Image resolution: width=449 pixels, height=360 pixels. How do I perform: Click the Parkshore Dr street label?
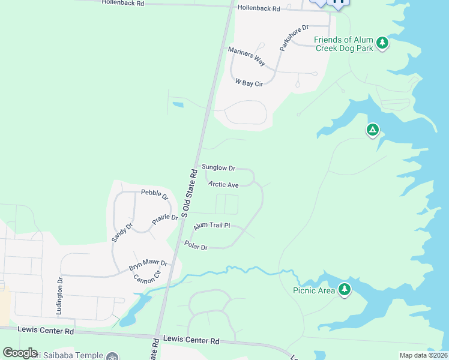294,37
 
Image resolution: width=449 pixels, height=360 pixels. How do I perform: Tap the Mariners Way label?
247,55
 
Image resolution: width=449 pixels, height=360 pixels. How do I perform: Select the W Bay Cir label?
249,82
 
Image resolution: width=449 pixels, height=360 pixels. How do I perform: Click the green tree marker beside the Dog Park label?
382,43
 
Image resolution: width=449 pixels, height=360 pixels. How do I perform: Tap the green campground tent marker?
373,130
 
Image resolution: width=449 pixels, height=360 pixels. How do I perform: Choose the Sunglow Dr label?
218,167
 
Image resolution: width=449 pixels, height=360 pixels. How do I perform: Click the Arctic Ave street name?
224,185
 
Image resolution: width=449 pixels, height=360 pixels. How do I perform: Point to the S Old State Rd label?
190,192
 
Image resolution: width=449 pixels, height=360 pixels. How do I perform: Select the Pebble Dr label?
155,193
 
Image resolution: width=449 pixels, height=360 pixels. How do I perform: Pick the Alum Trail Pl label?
211,226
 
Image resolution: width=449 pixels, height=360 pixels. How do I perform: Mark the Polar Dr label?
196,246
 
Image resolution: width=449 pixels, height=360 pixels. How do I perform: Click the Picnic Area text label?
314,290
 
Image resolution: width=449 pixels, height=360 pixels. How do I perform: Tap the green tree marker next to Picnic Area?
344,289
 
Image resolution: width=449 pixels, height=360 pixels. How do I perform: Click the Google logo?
20,353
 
